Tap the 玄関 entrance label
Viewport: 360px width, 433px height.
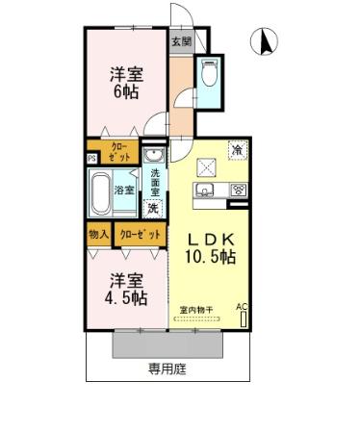(181, 41)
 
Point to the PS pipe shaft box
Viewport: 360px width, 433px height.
(91, 159)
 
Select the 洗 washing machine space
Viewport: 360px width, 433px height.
(153, 207)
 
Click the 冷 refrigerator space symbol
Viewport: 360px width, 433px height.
(236, 149)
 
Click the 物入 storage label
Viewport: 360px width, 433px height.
(97, 234)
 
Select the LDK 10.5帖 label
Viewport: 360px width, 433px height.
(211, 247)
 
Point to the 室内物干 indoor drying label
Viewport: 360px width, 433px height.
(196, 309)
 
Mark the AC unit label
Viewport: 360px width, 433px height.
(241, 307)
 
